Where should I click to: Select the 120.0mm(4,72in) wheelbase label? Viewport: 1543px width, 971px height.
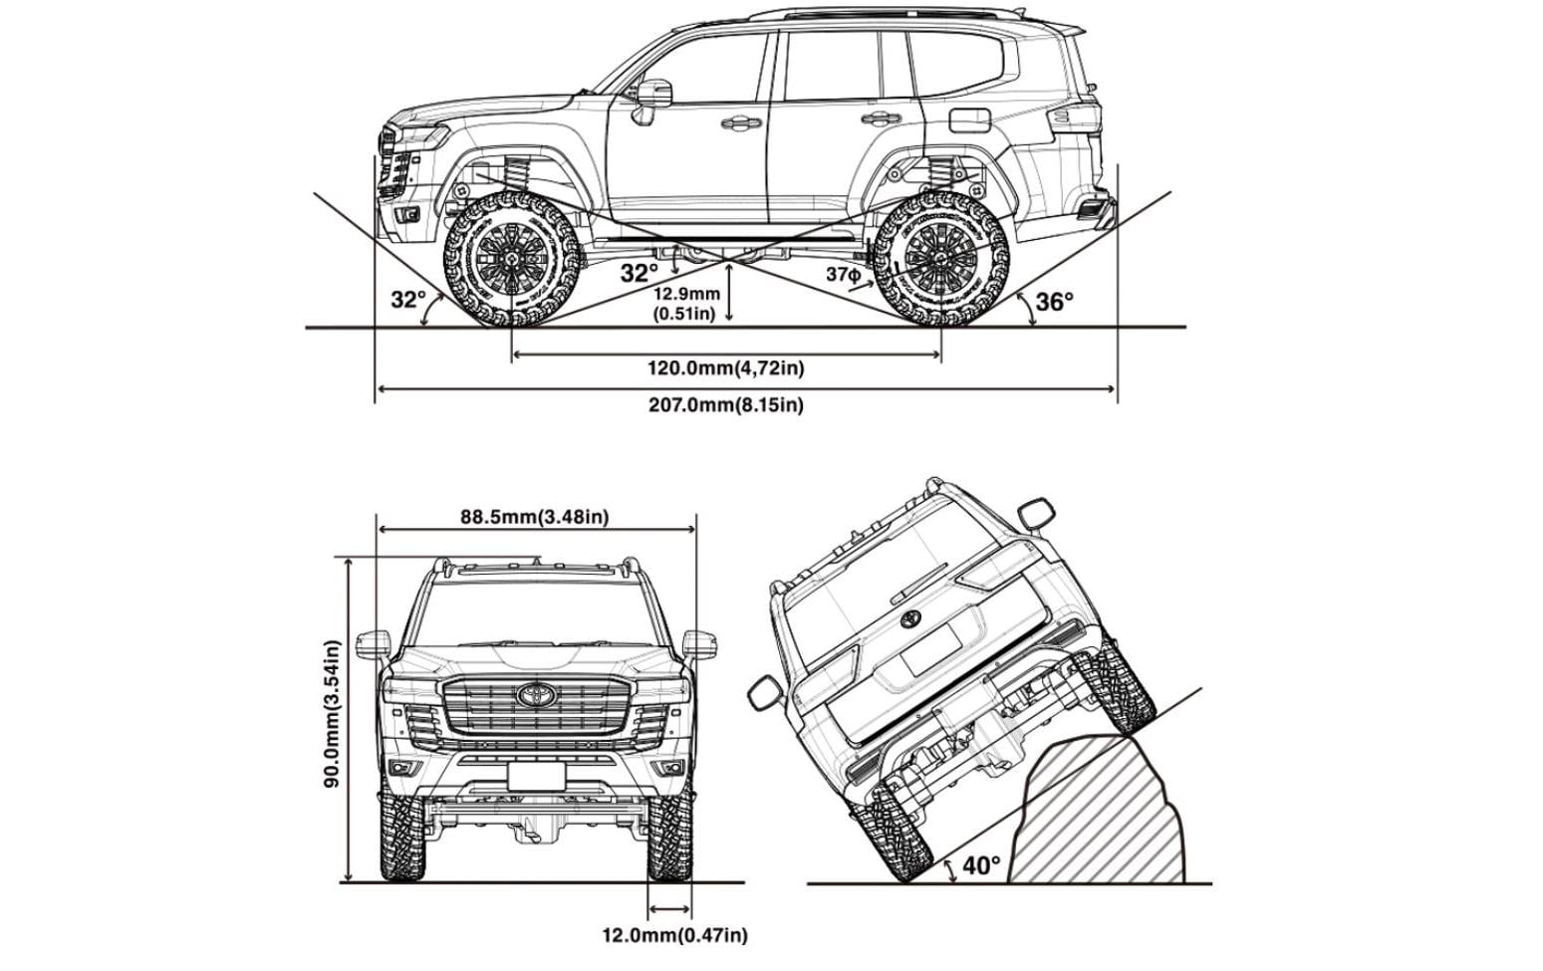(726, 368)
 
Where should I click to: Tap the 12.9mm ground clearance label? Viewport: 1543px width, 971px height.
(686, 304)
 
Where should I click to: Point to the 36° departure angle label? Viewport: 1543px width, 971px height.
(1055, 302)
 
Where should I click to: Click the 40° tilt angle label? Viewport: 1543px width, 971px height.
(981, 865)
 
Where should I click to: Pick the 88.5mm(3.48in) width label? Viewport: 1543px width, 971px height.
(535, 517)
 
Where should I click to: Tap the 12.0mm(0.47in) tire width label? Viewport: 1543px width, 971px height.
(674, 935)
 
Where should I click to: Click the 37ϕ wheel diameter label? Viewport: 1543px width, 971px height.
(843, 273)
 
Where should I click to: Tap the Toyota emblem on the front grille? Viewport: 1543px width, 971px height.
(534, 694)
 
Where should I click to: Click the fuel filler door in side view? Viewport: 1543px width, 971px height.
(970, 121)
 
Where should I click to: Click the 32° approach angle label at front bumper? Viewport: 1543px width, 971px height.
(407, 300)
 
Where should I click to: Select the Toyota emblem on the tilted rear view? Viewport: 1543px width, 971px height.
(910, 619)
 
